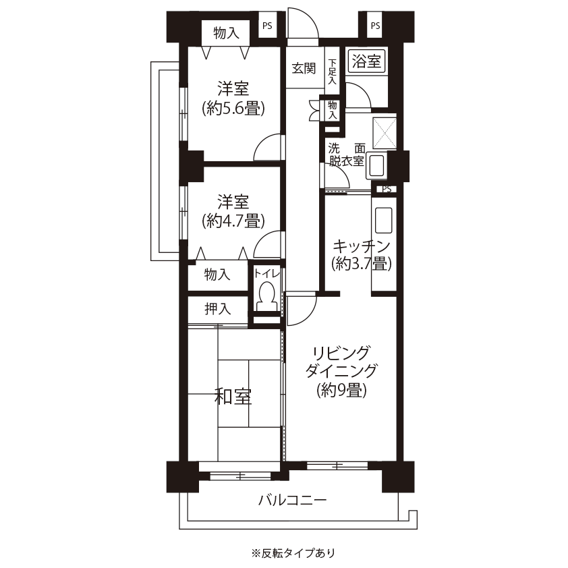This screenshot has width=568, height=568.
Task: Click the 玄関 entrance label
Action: click(x=304, y=68)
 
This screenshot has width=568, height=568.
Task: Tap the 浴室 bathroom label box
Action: click(x=366, y=61)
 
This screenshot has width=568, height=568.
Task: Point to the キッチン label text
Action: click(x=361, y=247)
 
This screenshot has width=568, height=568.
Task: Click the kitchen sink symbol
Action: click(x=384, y=220)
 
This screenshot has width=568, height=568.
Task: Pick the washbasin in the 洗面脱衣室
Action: click(x=376, y=166)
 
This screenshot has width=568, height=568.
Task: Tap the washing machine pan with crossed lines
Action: click(x=385, y=133)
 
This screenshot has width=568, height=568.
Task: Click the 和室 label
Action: click(x=233, y=396)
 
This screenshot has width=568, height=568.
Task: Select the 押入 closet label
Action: click(x=218, y=309)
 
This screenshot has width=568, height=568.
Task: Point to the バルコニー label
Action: click(x=292, y=501)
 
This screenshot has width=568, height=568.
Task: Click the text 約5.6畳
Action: click(x=233, y=108)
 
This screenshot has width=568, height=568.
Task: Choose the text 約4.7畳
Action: click(x=233, y=221)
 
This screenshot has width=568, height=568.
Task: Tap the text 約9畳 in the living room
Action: click(x=341, y=391)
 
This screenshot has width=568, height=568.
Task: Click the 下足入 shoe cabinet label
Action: click(x=332, y=72)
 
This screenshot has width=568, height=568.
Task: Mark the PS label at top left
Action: click(x=267, y=26)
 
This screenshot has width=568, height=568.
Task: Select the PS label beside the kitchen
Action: click(x=387, y=189)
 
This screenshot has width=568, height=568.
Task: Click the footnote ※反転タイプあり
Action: click(x=293, y=553)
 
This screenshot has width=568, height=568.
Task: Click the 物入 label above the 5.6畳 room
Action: click(x=227, y=33)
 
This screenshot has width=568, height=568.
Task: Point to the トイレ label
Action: click(x=267, y=273)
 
